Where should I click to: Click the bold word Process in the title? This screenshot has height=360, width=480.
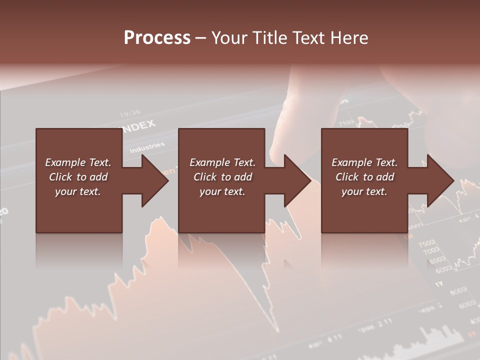[157, 37]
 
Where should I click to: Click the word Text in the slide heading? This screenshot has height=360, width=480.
[307, 38]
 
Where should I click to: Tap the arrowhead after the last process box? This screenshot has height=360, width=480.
[439, 180]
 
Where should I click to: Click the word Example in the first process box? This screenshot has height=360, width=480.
[65, 162]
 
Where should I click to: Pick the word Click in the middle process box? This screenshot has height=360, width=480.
[205, 177]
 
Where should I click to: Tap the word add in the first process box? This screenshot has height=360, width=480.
[99, 177]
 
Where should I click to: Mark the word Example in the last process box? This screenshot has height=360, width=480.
[352, 162]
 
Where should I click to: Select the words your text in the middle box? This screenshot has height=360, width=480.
[222, 191]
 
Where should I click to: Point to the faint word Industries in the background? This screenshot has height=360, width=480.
[147, 147]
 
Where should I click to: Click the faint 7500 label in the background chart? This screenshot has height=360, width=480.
[426, 243]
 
